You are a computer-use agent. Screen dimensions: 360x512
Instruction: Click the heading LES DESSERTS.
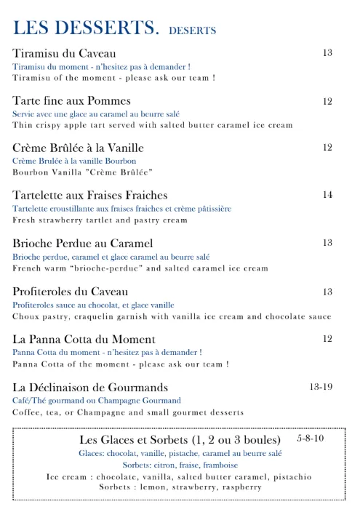coord(86,28)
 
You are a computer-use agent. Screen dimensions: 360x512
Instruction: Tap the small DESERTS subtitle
coord(192,31)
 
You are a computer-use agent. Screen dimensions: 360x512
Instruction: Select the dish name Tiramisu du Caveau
coord(64,54)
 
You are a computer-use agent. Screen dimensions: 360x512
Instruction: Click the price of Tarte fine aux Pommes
coord(327,101)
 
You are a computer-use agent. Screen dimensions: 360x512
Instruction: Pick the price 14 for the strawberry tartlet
coord(327,195)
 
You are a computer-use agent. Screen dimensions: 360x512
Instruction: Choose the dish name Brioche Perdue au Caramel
coord(83,243)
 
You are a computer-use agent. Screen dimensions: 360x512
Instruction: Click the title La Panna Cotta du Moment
coord(84,340)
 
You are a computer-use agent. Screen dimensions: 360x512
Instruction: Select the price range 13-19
coord(321,387)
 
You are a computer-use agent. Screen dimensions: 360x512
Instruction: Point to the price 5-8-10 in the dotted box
coord(311,439)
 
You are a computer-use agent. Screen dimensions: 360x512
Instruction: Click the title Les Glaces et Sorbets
coord(180,441)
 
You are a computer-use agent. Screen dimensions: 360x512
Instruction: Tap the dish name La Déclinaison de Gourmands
coord(90,387)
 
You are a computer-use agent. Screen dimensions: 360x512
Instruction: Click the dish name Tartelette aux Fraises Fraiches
coord(90,196)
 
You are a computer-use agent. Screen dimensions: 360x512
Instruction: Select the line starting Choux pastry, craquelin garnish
coord(172,316)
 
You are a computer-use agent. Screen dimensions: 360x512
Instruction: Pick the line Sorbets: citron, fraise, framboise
coord(180,465)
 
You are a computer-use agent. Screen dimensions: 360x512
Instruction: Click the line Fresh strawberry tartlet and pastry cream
coord(100,220)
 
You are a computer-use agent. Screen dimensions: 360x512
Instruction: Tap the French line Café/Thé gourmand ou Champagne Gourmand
coord(97,401)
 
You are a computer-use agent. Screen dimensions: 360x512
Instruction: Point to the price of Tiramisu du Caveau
coord(327,53)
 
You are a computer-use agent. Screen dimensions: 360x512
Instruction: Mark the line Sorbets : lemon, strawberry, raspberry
coord(180,487)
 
